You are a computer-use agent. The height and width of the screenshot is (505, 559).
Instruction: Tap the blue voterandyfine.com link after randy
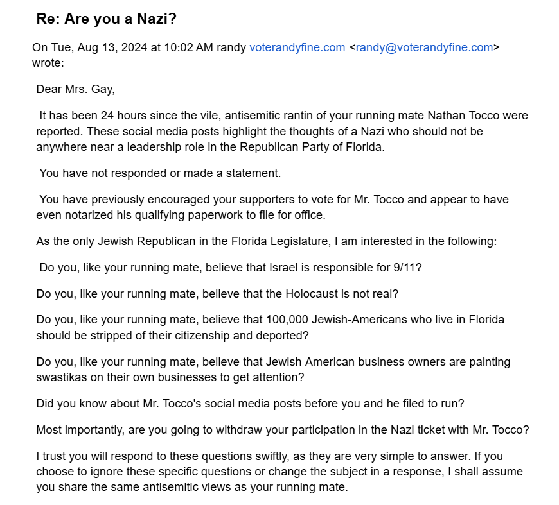[x=297, y=47]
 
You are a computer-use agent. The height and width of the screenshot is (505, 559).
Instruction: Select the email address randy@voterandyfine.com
[x=424, y=47]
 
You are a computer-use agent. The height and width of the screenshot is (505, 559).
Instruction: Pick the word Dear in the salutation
[x=48, y=89]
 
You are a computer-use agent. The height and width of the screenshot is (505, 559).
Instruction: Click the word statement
[x=256, y=173]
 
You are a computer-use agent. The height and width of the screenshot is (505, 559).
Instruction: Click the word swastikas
[x=62, y=377]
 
